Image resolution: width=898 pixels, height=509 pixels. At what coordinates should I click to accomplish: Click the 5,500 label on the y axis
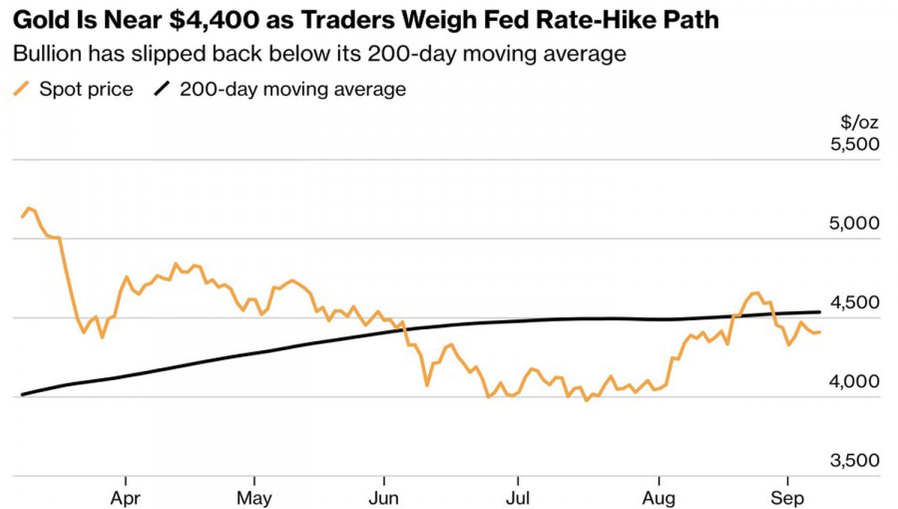pos(854,143)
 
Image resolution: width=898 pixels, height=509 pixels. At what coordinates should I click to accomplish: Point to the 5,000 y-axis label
pos(854,223)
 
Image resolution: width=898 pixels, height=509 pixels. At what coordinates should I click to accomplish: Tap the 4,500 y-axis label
pos(854,302)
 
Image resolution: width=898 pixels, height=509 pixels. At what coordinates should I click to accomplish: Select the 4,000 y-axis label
pos(854,381)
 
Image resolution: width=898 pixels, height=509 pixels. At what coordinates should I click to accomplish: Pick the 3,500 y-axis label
pos(854,460)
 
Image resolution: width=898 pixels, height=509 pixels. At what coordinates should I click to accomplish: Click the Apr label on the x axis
pos(126,498)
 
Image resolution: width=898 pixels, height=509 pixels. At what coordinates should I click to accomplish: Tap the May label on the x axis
pos(254,498)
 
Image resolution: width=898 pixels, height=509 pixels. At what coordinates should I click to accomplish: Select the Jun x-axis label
pos(384,498)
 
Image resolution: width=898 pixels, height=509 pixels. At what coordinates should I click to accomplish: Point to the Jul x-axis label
pos(518,498)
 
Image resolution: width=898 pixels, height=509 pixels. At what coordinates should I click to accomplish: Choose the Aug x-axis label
pos(660,498)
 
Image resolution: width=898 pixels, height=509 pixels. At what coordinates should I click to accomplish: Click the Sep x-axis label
pos(788,498)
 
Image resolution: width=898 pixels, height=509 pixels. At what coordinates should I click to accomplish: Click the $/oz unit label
pos(860,122)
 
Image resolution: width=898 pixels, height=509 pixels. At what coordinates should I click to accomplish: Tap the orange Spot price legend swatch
pos(21,89)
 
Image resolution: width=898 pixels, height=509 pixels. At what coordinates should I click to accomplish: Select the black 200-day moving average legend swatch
pos(162,89)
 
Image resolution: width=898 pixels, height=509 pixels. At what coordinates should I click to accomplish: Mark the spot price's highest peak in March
pos(29,208)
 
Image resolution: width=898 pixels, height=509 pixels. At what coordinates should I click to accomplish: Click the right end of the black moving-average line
pos(819,312)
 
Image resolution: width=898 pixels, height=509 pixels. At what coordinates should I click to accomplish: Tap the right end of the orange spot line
pos(819,332)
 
